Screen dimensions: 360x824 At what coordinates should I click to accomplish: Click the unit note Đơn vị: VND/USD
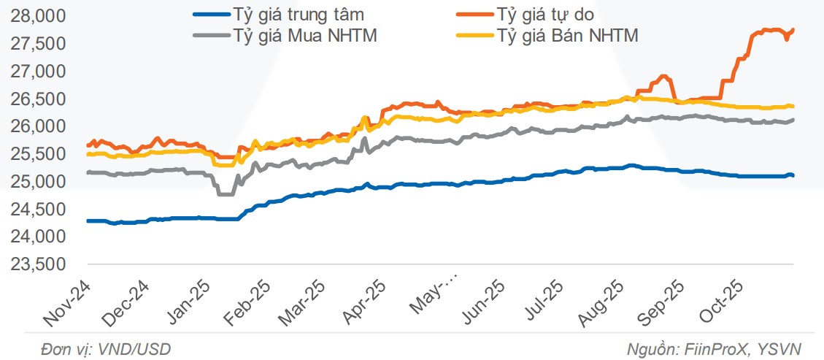pos(107,349)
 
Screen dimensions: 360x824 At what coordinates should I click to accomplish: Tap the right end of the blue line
pos(793,175)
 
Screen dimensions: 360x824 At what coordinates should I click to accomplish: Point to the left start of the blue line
pos(88,221)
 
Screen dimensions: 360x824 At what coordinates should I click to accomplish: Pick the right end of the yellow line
pos(793,107)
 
